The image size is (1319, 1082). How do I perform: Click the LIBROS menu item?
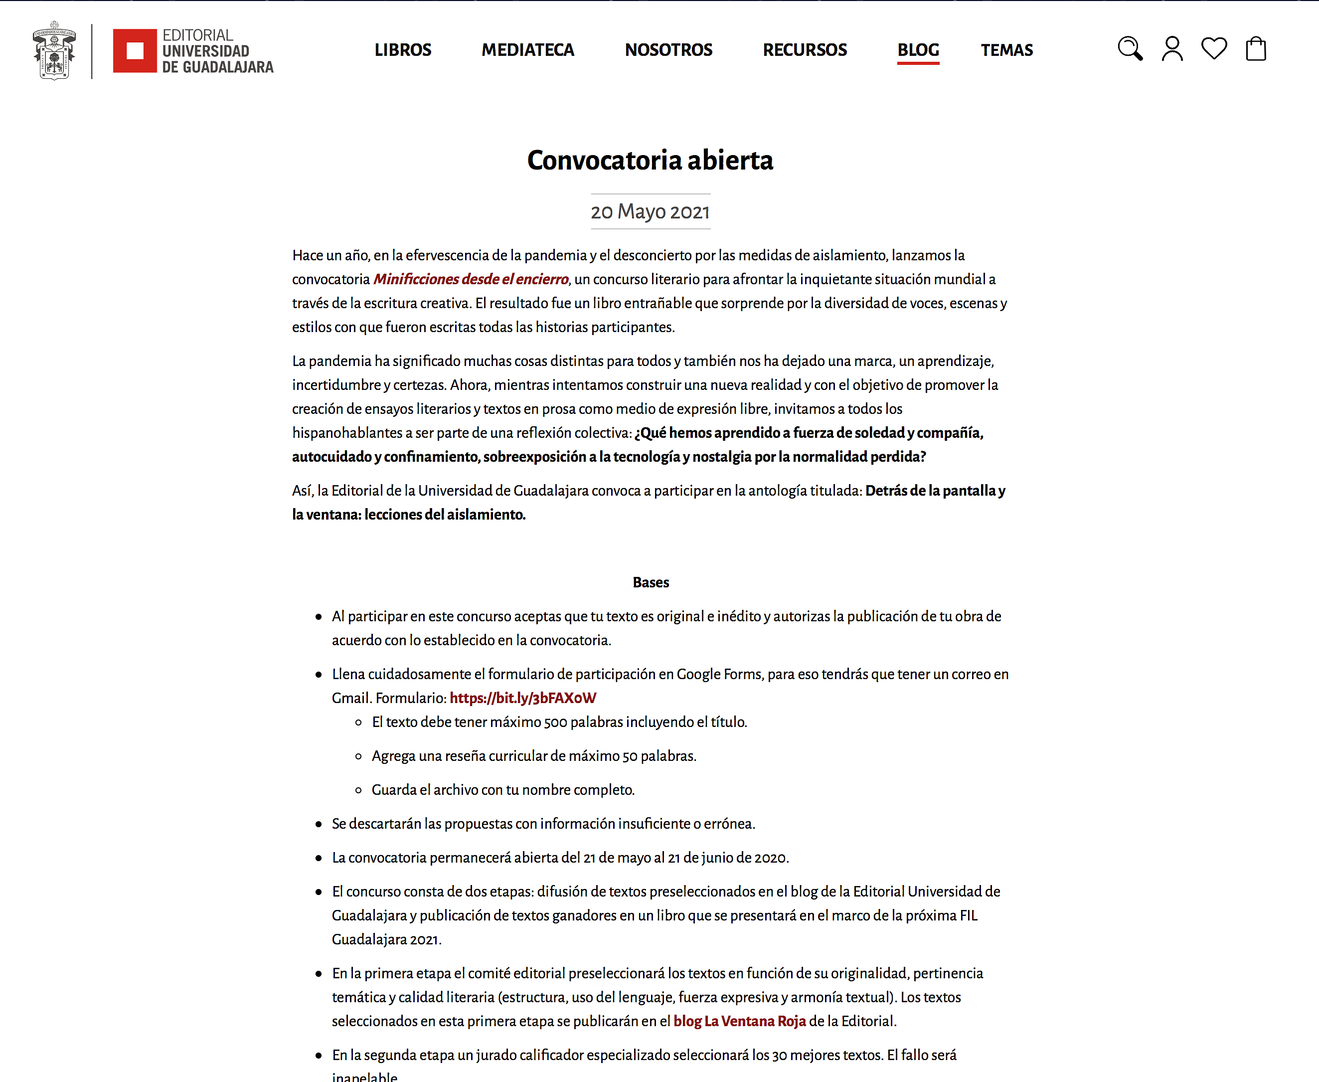402,50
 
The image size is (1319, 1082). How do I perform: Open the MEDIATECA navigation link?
528,50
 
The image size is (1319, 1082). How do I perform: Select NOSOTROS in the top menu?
668,50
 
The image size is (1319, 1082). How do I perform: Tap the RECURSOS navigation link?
805,50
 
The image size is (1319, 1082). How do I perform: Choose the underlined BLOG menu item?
918,50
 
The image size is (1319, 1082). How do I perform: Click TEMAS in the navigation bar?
1006,50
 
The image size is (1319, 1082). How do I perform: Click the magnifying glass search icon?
1130,49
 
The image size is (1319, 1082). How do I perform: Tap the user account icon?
1172,49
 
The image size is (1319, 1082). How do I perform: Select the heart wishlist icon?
1214,49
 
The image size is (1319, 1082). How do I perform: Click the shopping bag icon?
1256,49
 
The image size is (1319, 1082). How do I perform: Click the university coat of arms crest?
54,50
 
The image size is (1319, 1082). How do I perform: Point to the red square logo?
135,50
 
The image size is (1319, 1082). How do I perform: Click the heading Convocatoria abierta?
650,160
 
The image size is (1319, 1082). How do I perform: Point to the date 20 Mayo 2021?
650,212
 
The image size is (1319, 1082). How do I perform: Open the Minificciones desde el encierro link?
471,279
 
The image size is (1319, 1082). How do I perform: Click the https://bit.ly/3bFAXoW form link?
523,698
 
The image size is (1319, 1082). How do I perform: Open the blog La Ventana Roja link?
740,1021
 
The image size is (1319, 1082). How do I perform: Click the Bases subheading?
651,582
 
